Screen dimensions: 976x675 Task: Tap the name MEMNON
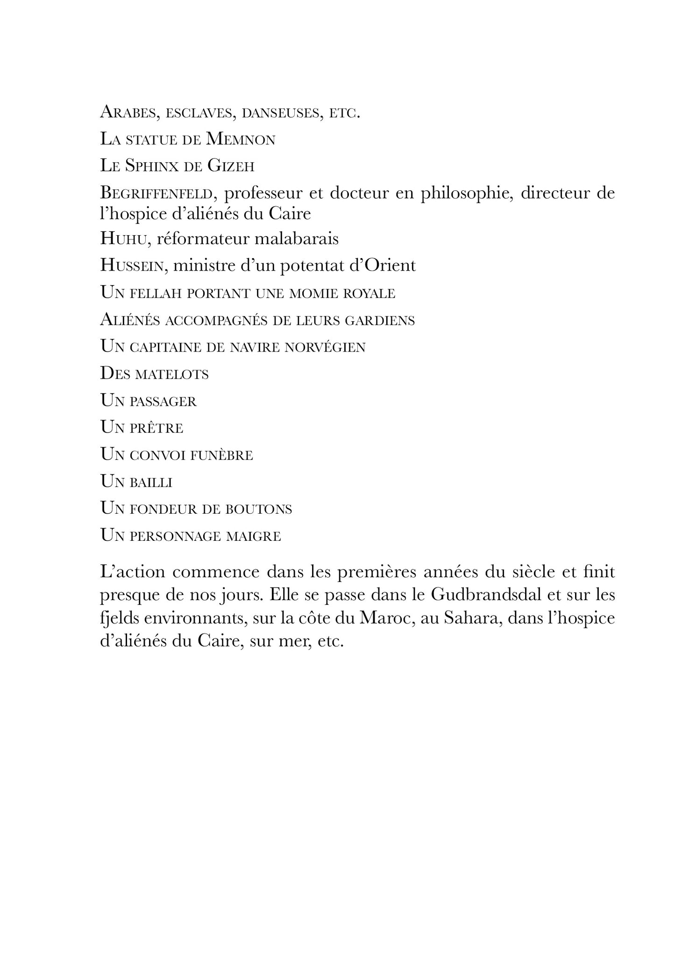click(x=241, y=139)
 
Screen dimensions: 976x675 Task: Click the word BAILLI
click(x=151, y=482)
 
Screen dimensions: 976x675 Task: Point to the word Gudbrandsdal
click(x=487, y=596)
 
